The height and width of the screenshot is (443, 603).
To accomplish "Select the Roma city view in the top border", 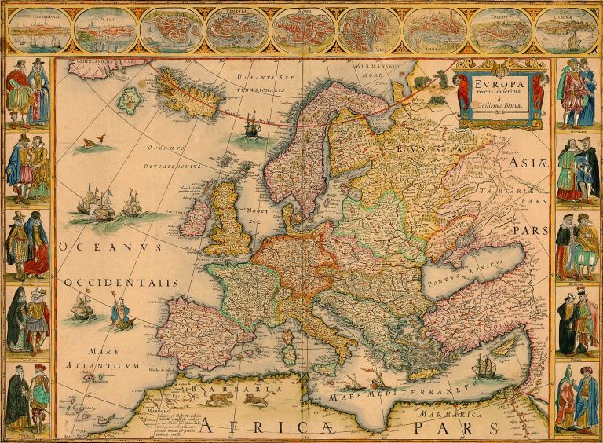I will point(302,30).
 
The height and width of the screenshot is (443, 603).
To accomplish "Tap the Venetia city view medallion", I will point(236,30).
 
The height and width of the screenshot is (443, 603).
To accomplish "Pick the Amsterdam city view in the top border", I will point(38,30).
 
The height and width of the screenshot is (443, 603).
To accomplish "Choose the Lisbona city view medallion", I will point(565,30).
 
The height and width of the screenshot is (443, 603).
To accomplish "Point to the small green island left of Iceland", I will point(128,100).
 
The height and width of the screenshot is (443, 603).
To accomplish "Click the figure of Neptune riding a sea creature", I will point(121,312).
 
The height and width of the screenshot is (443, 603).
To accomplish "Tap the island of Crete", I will point(424,373).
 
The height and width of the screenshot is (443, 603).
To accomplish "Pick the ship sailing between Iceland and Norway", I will point(250,123).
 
